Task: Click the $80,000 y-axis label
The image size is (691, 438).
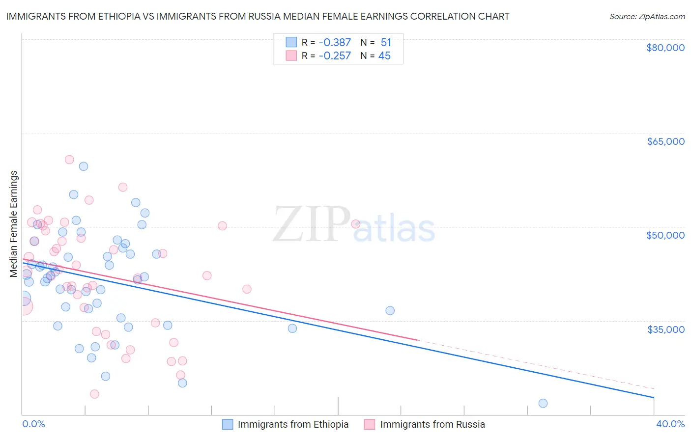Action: [665, 48]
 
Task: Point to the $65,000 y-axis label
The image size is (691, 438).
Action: [665, 141]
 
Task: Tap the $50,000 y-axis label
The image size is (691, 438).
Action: [665, 235]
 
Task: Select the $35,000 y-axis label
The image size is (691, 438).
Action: [665, 329]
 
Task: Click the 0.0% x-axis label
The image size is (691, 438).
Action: [34, 424]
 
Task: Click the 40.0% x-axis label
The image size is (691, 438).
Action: [670, 424]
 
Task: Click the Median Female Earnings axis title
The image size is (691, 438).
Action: [14, 224]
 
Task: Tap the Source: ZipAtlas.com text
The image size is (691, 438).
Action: [647, 16]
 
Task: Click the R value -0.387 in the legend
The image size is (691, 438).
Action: [334, 43]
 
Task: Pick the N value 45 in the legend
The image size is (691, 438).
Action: [384, 56]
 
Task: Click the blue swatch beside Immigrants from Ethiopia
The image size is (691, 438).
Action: [228, 424]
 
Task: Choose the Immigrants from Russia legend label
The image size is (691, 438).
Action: [432, 424]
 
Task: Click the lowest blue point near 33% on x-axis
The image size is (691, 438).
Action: [543, 403]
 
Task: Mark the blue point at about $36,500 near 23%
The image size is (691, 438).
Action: [390, 310]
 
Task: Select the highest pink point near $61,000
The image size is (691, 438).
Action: [69, 160]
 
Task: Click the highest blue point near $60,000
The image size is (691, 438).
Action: [84, 166]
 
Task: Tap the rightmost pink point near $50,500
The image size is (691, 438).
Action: [356, 224]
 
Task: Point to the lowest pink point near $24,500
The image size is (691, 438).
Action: [95, 394]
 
